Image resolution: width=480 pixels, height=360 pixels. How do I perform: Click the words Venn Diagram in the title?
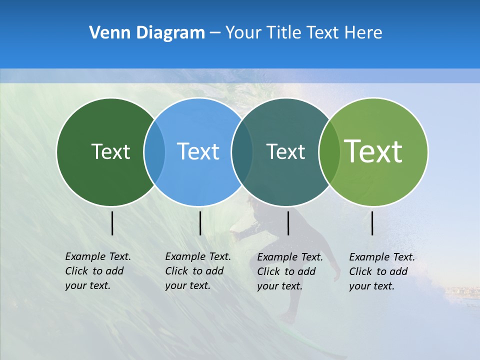(147, 33)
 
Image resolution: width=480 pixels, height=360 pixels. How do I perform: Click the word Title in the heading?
(283, 33)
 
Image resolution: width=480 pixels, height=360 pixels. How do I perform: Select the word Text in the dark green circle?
(110, 151)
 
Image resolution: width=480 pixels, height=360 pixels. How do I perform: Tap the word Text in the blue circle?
(198, 151)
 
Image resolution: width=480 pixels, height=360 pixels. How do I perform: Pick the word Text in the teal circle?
(285, 151)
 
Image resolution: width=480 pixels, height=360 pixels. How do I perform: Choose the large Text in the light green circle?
(373, 151)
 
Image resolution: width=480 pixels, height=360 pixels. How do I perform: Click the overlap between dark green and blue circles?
(154, 151)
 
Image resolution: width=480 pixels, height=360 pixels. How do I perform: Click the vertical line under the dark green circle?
(112, 223)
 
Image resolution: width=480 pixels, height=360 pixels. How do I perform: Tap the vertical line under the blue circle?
(200, 223)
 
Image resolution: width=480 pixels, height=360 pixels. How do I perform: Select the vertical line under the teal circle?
(288, 223)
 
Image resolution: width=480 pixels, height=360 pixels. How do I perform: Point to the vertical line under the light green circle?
(372, 223)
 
